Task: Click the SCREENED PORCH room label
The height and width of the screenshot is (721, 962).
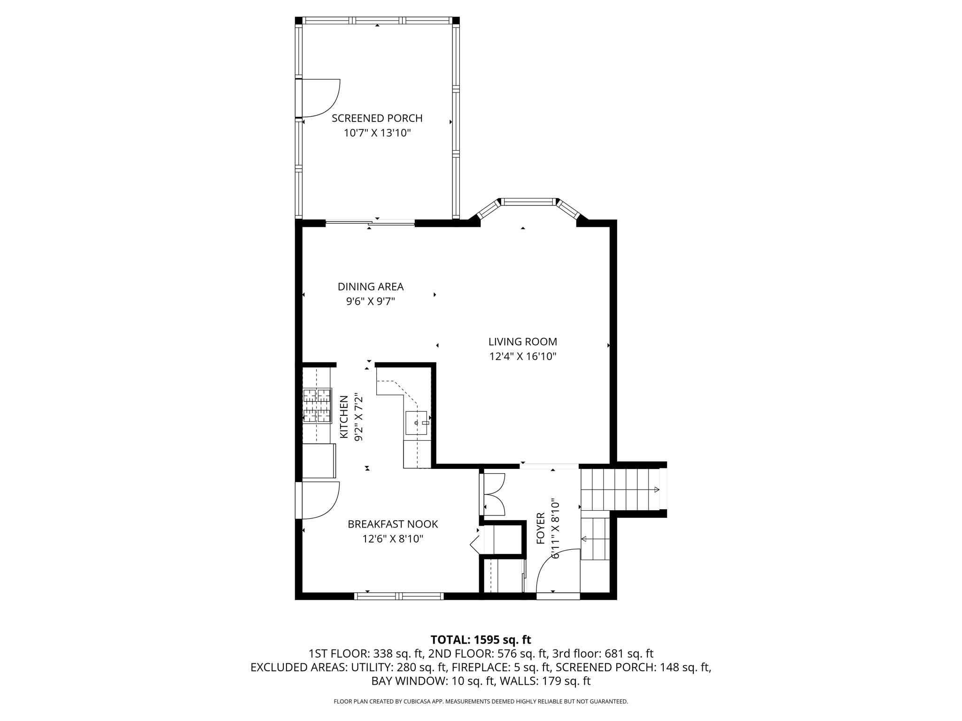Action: tap(377, 118)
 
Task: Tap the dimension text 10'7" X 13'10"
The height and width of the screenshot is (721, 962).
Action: tap(377, 133)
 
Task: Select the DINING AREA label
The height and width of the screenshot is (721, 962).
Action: tap(371, 286)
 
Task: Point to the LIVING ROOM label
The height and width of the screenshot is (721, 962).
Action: tap(522, 342)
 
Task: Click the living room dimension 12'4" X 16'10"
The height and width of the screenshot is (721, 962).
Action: tap(522, 357)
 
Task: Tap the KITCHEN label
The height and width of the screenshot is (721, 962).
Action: tap(344, 417)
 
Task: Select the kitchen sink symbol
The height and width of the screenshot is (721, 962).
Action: tap(417, 422)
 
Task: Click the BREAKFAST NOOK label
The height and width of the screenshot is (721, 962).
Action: tap(393, 524)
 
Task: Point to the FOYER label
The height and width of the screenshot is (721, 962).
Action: tap(541, 529)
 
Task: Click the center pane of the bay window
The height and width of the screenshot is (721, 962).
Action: tap(528, 202)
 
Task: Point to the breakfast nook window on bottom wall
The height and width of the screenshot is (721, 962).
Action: tap(399, 596)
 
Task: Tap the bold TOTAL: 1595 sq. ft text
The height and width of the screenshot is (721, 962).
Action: tap(481, 640)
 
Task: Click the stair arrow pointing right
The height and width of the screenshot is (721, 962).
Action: tap(656, 490)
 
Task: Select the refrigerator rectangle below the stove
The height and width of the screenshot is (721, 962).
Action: tap(319, 460)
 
